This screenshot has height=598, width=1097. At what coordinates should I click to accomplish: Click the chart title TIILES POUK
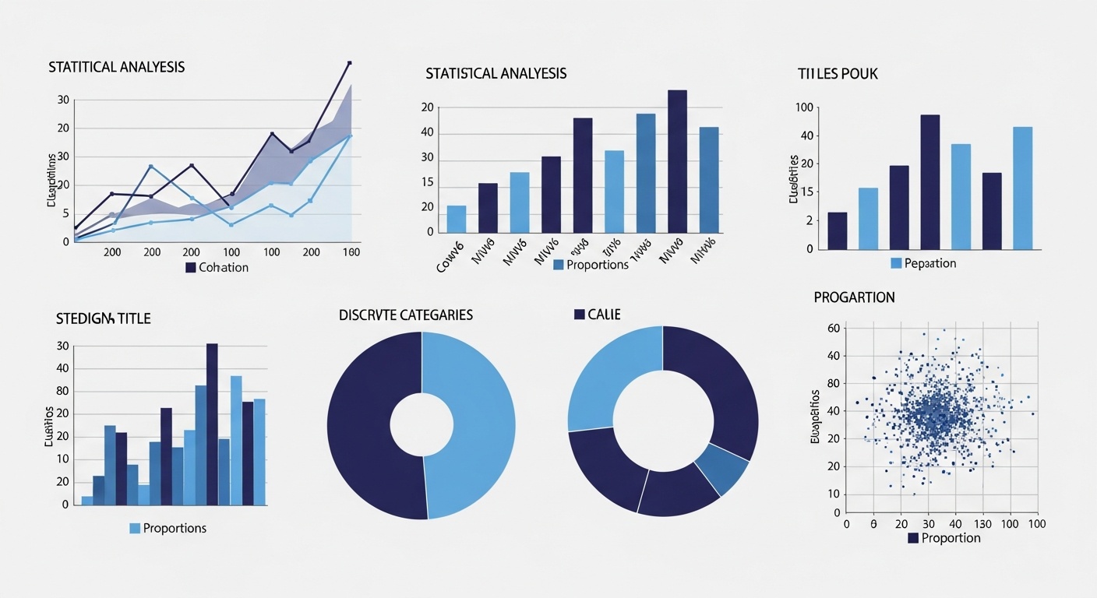point(838,74)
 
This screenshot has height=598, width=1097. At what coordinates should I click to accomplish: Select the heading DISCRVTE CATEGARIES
point(406,315)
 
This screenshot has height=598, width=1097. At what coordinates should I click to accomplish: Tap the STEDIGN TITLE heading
point(104,318)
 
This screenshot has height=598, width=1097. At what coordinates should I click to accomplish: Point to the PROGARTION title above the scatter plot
point(854,297)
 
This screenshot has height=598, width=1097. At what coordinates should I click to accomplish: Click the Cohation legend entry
point(217,268)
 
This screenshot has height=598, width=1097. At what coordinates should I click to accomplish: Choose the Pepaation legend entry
point(923,263)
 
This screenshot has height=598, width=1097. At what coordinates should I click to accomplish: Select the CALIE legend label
point(598,315)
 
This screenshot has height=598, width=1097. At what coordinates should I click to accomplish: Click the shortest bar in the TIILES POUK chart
point(838,230)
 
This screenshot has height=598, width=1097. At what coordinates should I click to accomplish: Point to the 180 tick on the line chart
point(351,252)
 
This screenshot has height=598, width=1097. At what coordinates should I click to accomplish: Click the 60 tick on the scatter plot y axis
point(833,329)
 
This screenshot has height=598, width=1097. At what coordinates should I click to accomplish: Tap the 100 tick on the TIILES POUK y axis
point(804,107)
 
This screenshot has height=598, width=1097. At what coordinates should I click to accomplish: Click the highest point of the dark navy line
point(349,62)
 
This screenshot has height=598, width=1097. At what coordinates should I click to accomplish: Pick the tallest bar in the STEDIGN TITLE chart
point(212,424)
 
